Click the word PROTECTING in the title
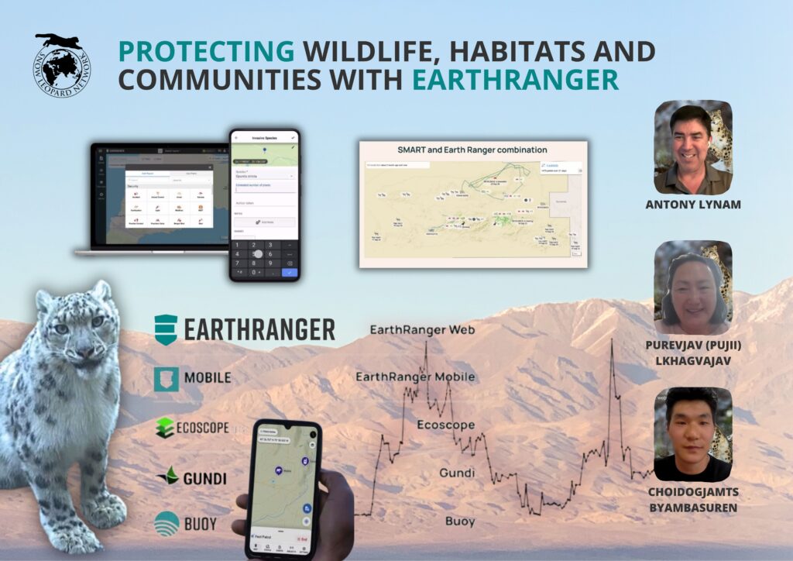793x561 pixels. point(205,52)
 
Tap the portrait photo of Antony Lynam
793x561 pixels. point(692,146)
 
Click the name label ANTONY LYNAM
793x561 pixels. point(692,205)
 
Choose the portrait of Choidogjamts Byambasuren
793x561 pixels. point(692,434)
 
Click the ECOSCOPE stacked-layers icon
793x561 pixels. point(166,428)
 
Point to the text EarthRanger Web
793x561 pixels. point(422,330)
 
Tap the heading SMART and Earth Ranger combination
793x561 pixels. point(472,150)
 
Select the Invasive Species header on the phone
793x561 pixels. point(263,138)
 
